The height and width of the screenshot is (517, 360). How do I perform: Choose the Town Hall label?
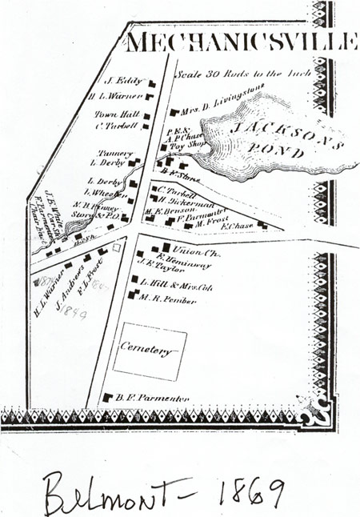click(118, 114)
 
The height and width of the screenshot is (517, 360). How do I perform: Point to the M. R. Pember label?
click(164, 297)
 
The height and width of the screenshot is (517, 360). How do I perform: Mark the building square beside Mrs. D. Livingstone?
click(173, 110)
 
